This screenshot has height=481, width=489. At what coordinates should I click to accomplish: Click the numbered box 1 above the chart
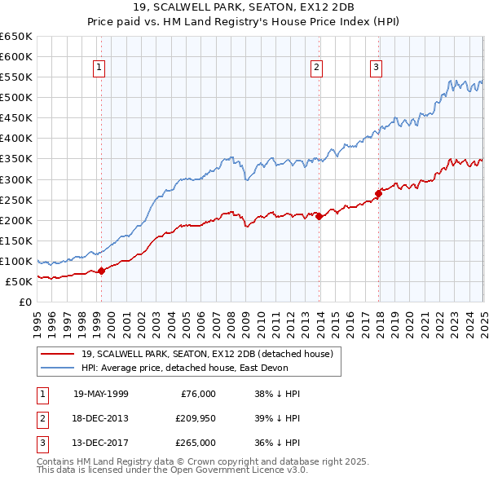(x=99, y=68)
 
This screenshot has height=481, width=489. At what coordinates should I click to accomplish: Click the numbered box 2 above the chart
(x=316, y=68)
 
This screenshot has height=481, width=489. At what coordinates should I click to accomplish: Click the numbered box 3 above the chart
(x=376, y=68)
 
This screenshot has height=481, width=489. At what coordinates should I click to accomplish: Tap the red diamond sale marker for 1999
(x=101, y=271)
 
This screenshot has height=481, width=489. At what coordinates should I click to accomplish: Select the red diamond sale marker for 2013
(x=319, y=216)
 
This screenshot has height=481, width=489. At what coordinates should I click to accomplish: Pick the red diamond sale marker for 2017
(x=378, y=193)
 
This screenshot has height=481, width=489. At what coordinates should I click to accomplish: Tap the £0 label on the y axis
(x=25, y=302)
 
